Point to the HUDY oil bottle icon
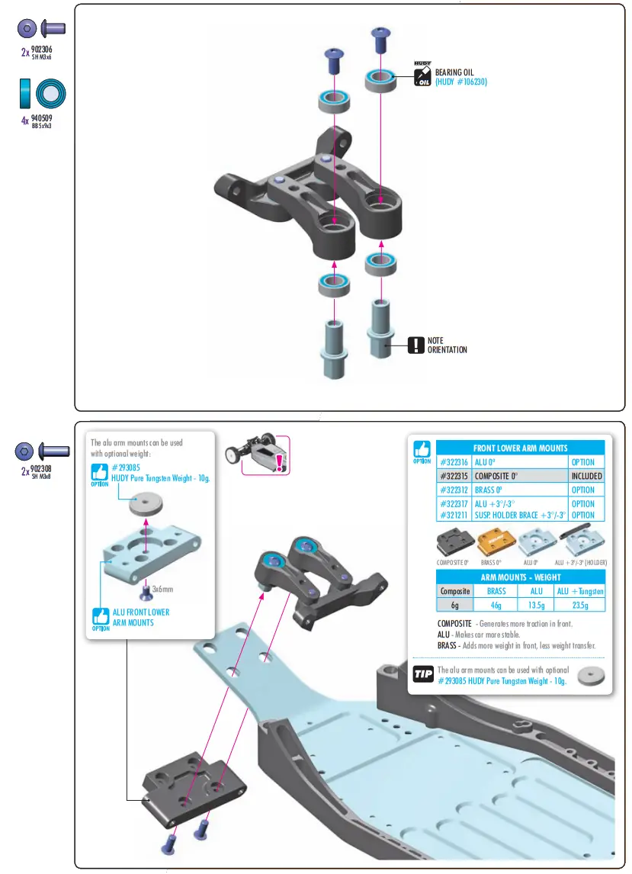coord(422,74)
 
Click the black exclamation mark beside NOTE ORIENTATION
coord(415,345)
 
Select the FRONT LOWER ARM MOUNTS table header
coord(520,448)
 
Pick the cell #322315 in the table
coord(454,476)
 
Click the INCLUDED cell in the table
coord(586,476)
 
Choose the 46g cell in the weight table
coord(496,605)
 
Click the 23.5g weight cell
coord(580,605)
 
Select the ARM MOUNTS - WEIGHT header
coord(520,577)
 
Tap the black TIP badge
coord(422,674)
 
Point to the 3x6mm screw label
coord(162,589)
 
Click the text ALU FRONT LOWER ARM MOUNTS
coord(140,617)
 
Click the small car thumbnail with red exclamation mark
coord(257,455)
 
